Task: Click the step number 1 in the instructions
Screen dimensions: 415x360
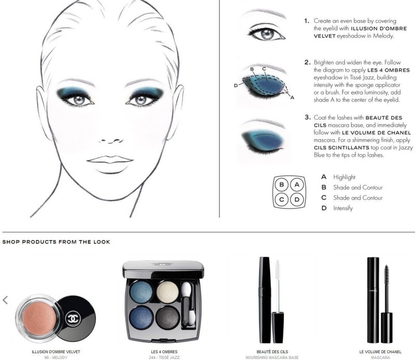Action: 307,21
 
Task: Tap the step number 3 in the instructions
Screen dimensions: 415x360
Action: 307,117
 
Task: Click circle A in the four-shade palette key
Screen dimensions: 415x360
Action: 297,185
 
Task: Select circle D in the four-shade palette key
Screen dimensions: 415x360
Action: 297,199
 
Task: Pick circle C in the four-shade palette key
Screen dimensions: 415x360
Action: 282,199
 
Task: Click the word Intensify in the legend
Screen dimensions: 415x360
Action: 343,208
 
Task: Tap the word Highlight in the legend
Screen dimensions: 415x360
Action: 344,177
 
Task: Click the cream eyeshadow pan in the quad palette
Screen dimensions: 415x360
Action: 168,292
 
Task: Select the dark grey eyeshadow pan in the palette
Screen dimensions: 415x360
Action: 168,317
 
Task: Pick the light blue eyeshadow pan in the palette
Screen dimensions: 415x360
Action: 141,292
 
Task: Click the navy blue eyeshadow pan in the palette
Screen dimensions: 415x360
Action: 142,317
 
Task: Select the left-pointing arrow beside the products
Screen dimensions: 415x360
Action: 5,300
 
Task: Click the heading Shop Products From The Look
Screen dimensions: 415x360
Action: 56,242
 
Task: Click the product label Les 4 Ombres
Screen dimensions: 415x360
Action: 164,352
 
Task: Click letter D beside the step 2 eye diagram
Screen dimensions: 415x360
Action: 236,86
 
